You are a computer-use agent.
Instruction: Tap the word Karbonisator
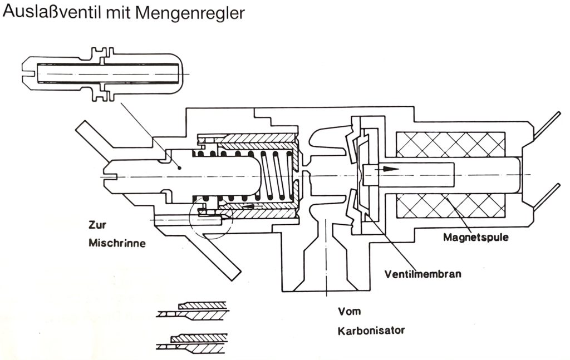[x=371, y=331]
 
